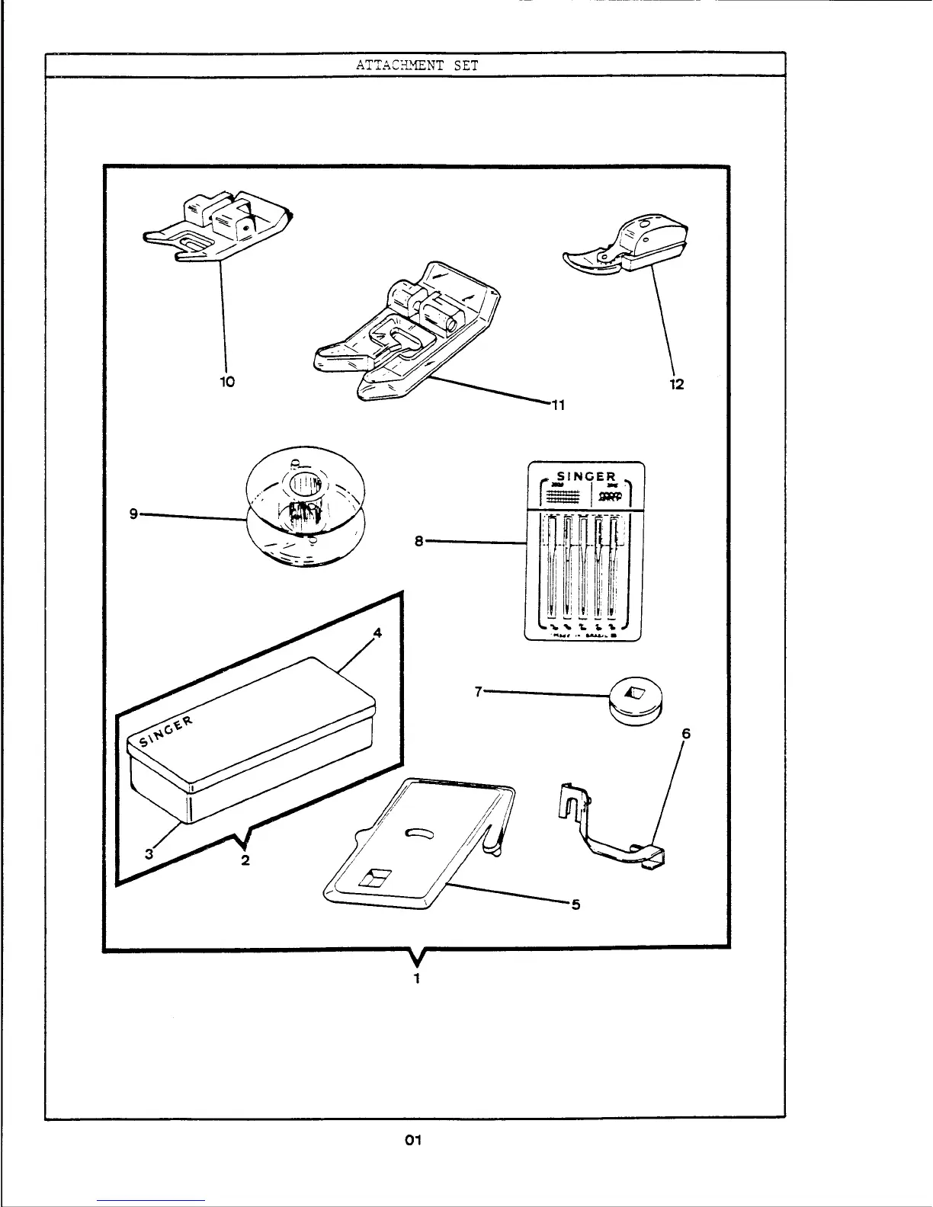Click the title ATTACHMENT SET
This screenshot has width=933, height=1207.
[x=416, y=66]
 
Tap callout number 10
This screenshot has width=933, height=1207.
[x=226, y=382]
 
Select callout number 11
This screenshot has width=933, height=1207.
[x=558, y=405]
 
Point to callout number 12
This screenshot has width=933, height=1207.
[x=676, y=384]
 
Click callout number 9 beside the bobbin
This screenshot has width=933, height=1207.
[x=133, y=514]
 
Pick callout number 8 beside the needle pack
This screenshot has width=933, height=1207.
[x=418, y=541]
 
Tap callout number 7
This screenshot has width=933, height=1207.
[x=479, y=692]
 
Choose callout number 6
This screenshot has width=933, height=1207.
[x=686, y=734]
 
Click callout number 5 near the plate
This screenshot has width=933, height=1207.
[x=576, y=904]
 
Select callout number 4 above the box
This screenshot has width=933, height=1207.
[x=377, y=632]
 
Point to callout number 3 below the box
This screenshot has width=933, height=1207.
[x=149, y=854]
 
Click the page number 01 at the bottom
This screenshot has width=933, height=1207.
[x=413, y=1141]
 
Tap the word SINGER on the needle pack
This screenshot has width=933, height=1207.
[x=585, y=478]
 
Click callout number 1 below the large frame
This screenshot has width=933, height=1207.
[x=416, y=978]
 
